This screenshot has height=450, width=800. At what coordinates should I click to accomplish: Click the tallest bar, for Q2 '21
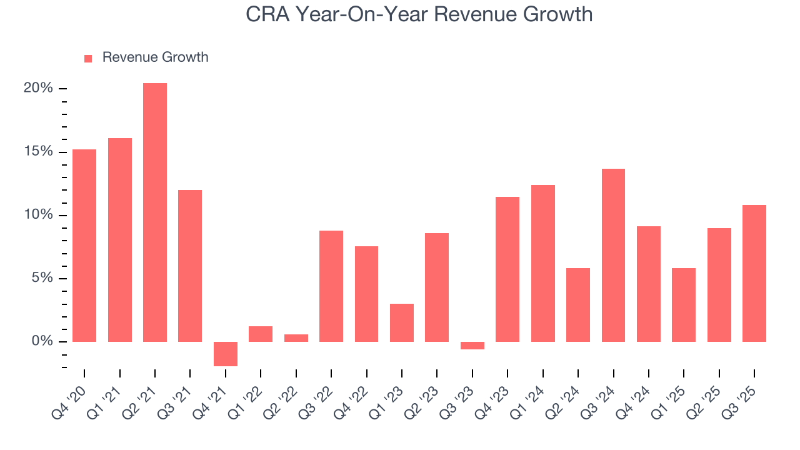point(155,212)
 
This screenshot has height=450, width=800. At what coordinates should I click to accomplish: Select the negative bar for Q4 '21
point(226,354)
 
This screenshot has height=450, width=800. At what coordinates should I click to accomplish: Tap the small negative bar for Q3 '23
point(472,346)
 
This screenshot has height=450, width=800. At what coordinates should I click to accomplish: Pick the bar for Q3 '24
point(613,255)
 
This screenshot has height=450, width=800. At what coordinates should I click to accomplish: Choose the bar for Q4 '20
point(84,246)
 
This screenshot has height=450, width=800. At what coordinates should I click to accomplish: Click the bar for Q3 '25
point(754,273)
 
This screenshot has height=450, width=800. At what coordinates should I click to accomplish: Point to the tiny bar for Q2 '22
point(296,338)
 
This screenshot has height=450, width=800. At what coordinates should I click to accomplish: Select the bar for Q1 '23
point(402,322)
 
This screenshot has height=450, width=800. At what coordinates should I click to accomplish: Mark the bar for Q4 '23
point(507,269)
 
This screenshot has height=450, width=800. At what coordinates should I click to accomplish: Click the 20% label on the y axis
point(38,88)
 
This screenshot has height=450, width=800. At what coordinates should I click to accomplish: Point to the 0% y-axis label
point(42,341)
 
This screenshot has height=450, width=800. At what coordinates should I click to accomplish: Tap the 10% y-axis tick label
point(38,215)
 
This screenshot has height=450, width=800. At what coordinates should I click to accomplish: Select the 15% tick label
point(38,152)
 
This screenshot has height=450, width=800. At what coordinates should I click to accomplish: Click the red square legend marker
point(88,58)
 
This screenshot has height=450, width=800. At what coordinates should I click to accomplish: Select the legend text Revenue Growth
point(155,57)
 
